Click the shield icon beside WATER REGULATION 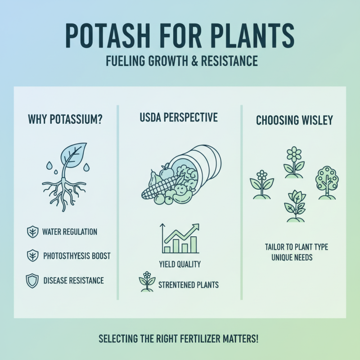coord(32,232)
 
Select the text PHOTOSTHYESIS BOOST coord(76,256)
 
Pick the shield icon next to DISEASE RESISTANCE coord(32,280)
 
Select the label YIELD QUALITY coord(180,264)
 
